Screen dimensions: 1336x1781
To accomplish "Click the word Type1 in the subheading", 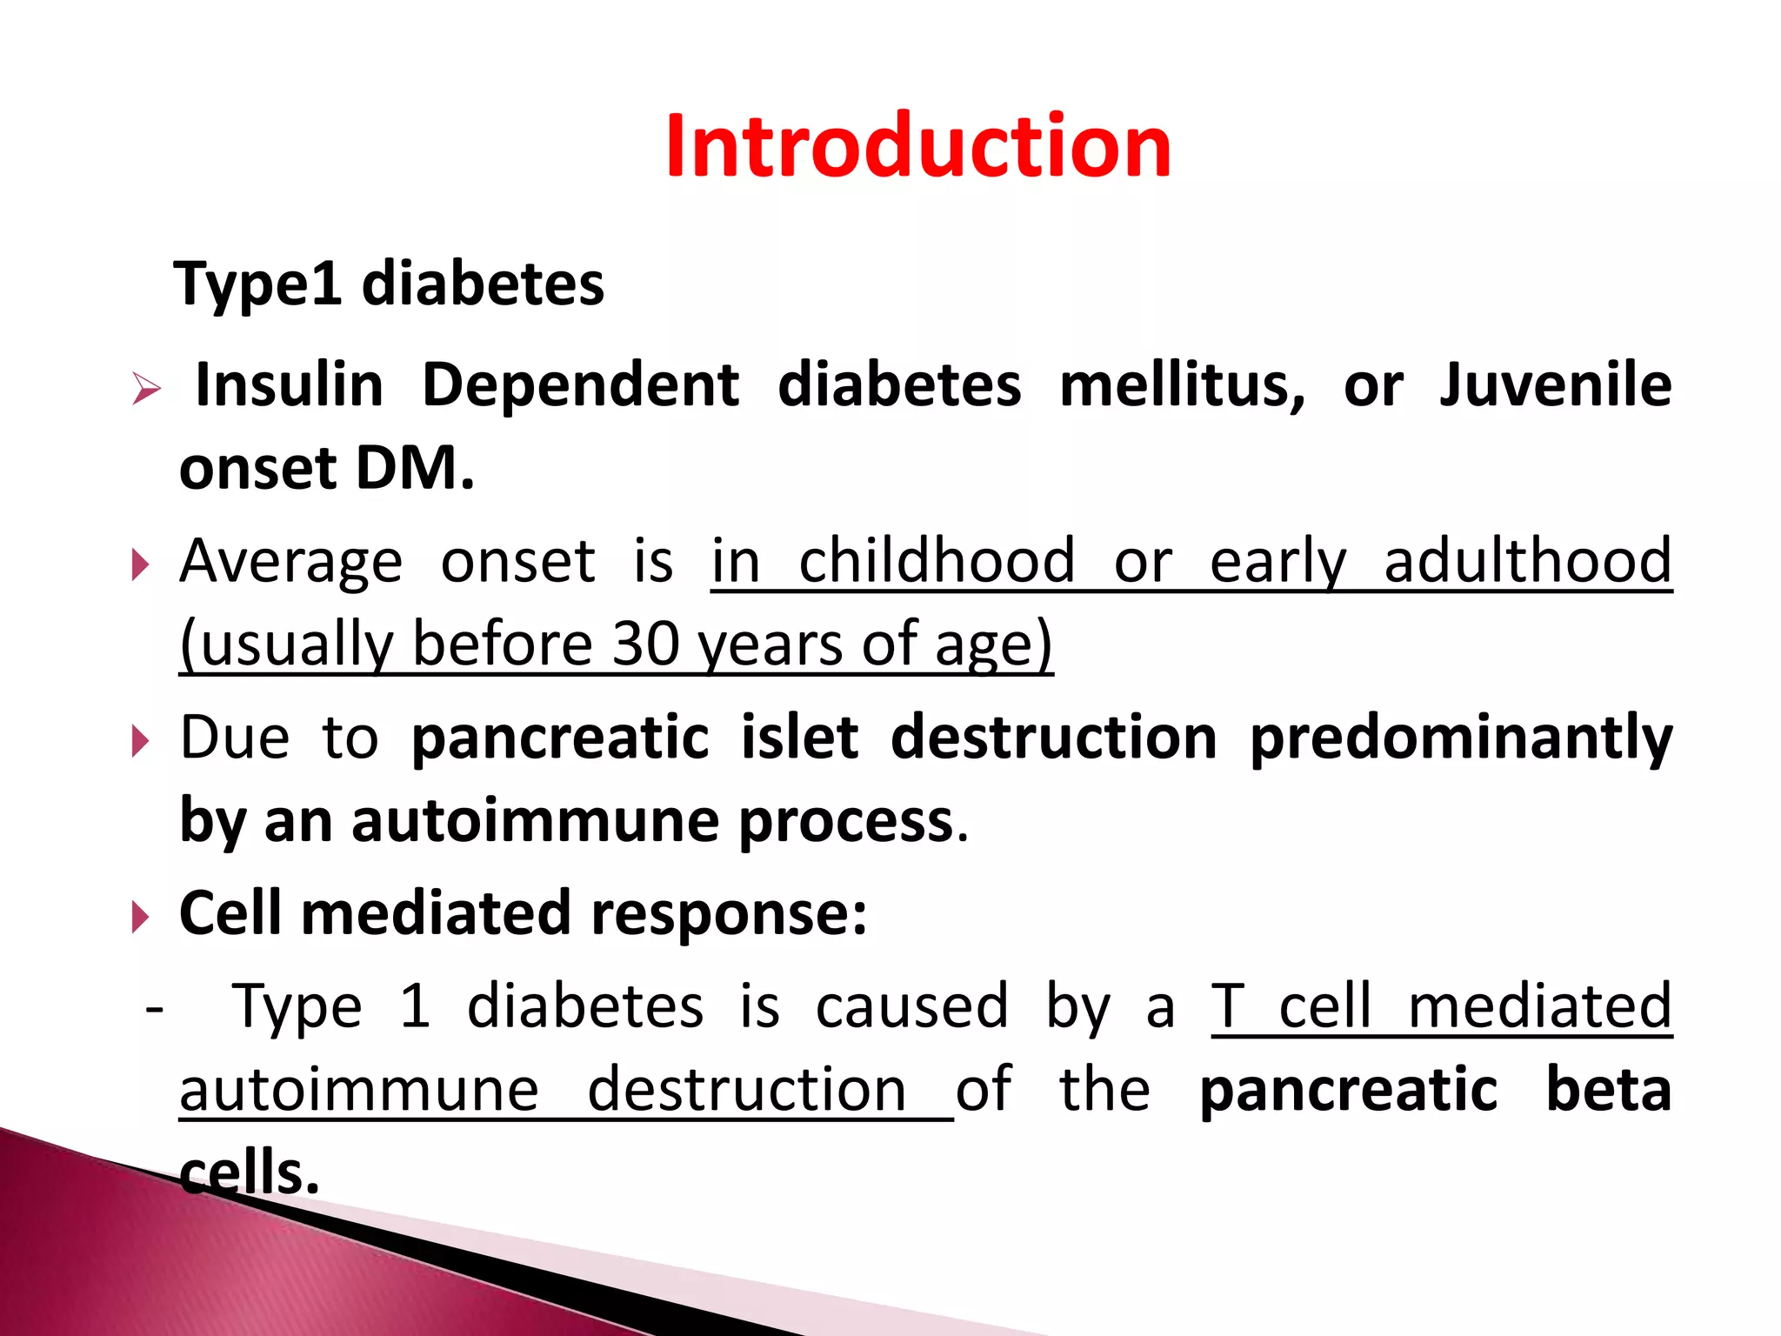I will pyautogui.click(x=257, y=285).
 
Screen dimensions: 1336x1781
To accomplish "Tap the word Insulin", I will pyautogui.click(x=289, y=385).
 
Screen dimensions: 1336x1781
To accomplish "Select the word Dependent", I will pyautogui.click(x=581, y=385).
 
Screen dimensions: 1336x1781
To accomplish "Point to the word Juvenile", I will pyautogui.click(x=1556, y=385).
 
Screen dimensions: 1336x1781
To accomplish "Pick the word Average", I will pyautogui.click(x=291, y=562).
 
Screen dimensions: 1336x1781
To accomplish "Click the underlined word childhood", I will pyautogui.click(x=937, y=561).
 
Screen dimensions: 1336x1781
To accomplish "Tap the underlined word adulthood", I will pyautogui.click(x=1528, y=561).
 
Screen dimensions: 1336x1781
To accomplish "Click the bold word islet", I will pyautogui.click(x=799, y=738).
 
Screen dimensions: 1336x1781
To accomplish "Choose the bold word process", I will pyautogui.click(x=846, y=823).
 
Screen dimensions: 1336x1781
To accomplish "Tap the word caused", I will pyautogui.click(x=912, y=1006).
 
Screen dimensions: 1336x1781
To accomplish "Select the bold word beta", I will pyautogui.click(x=1609, y=1091).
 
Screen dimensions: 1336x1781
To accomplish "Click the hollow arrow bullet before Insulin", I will pyautogui.click(x=146, y=388).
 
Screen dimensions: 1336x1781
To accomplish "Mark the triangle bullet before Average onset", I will pyautogui.click(x=140, y=565).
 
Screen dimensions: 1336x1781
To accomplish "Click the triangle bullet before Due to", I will pyautogui.click(x=140, y=742).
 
